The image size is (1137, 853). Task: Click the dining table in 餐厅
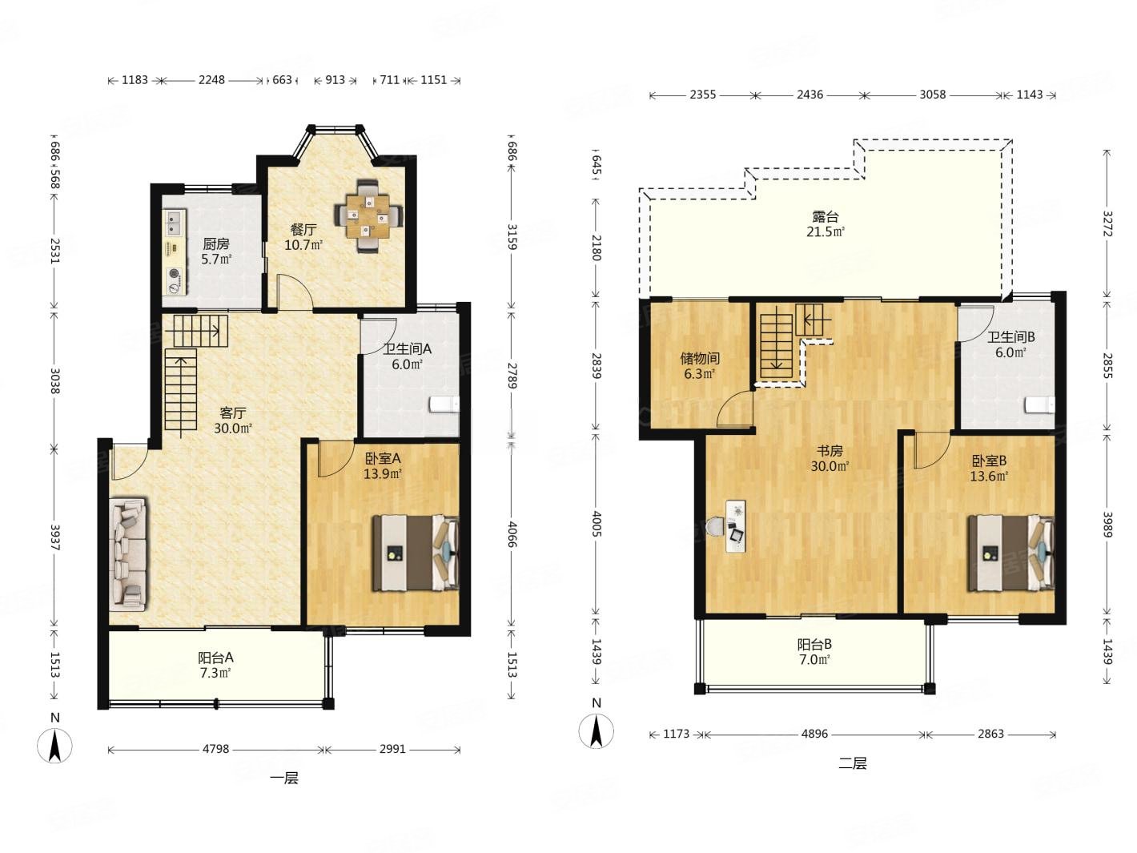[x=368, y=215]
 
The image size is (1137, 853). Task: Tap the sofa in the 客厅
[x=128, y=553]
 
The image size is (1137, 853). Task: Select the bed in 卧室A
[x=416, y=553]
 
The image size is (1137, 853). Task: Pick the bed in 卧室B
[x=1010, y=553]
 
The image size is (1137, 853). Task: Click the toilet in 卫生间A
[x=444, y=404]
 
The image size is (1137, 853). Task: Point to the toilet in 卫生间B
[x=1039, y=404]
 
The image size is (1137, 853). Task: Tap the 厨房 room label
[x=216, y=243]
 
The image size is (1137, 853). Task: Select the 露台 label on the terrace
[x=826, y=216]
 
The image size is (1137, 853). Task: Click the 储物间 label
[x=700, y=358]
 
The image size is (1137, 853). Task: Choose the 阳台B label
[x=814, y=644]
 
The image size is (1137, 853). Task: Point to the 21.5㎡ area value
[x=826, y=231]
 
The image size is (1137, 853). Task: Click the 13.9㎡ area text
[x=383, y=473]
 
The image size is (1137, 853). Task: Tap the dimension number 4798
[x=215, y=749]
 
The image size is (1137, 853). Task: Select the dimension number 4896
[x=814, y=734]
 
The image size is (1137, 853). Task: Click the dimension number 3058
[x=932, y=95]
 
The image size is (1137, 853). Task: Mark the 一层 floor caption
[x=284, y=778]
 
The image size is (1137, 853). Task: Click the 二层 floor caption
[x=853, y=762]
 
